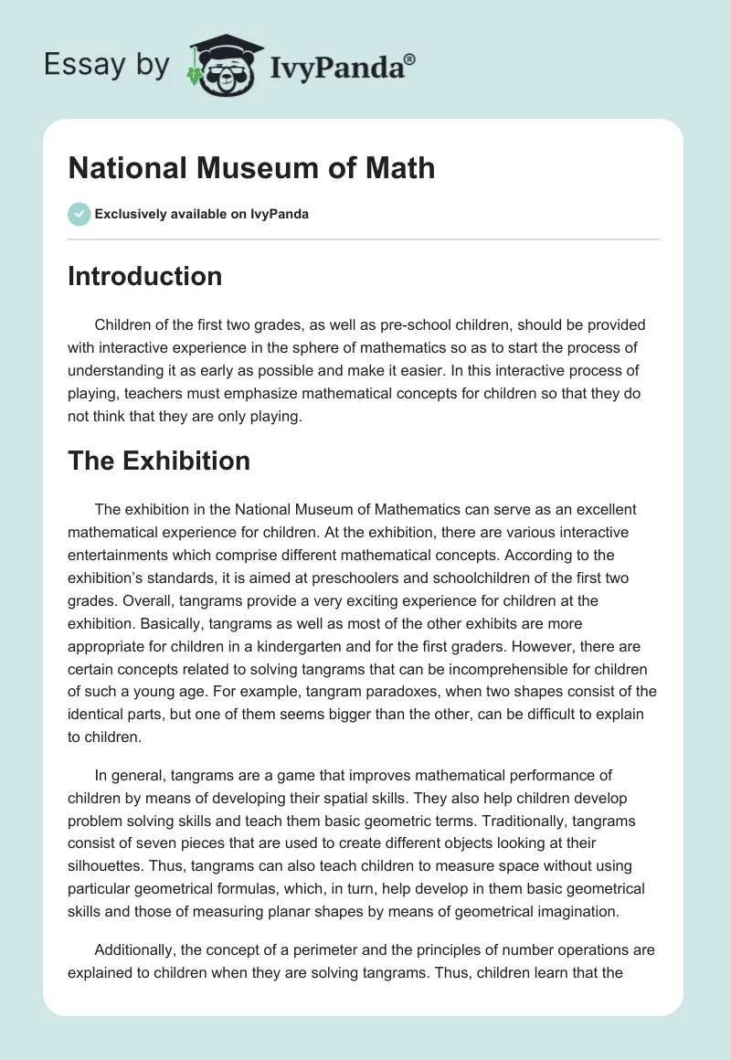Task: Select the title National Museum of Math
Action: (251, 168)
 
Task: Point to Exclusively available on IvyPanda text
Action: (202, 215)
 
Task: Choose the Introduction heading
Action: (144, 277)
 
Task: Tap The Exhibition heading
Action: (159, 461)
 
